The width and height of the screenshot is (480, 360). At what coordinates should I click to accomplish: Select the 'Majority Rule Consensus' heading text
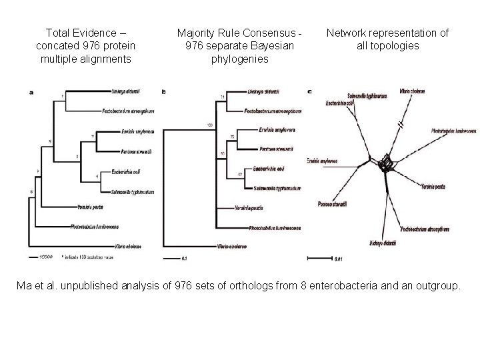point(239,33)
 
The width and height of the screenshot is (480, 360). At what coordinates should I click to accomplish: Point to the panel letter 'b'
point(165,91)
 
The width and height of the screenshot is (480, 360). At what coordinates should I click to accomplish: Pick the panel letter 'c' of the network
point(309,91)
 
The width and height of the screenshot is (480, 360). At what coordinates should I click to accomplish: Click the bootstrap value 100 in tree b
point(209,125)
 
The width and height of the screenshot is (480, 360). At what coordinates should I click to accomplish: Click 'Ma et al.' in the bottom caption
point(39,286)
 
